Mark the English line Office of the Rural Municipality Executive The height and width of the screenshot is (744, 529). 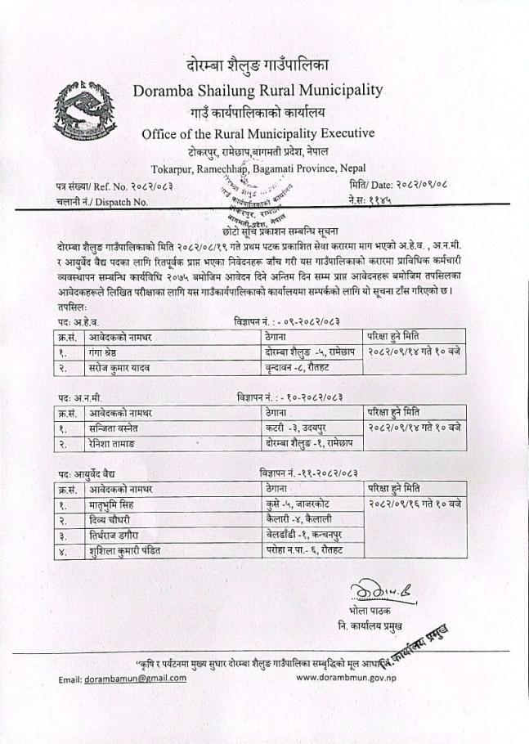point(258,133)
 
